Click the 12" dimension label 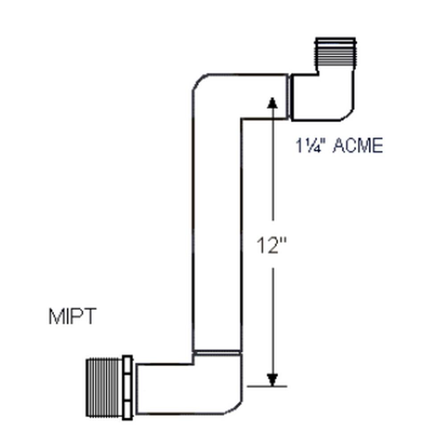click(271, 245)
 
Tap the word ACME click(358, 146)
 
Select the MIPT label click(73, 316)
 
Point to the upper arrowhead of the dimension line click(272, 103)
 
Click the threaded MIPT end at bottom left click(104, 388)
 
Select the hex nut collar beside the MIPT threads click(128, 388)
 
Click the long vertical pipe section click(217, 233)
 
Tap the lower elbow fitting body click(189, 388)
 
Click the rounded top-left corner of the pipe click(198, 80)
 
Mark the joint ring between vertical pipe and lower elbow click(217, 353)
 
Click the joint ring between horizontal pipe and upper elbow click(289, 96)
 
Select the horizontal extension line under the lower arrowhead click(267, 386)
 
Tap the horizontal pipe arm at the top click(245, 96)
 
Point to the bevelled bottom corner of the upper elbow click(347, 116)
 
